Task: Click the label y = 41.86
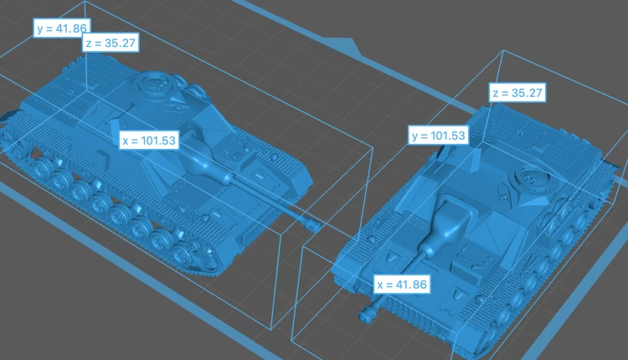pyautogui.click(x=62, y=28)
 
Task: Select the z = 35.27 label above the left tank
pyautogui.click(x=111, y=43)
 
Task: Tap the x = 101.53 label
pyautogui.click(x=149, y=140)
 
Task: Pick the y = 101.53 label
pyautogui.click(x=438, y=136)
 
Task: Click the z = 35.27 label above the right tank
pyautogui.click(x=517, y=93)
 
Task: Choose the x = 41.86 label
pyautogui.click(x=402, y=285)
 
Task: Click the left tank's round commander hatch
pyautogui.click(x=153, y=82)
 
